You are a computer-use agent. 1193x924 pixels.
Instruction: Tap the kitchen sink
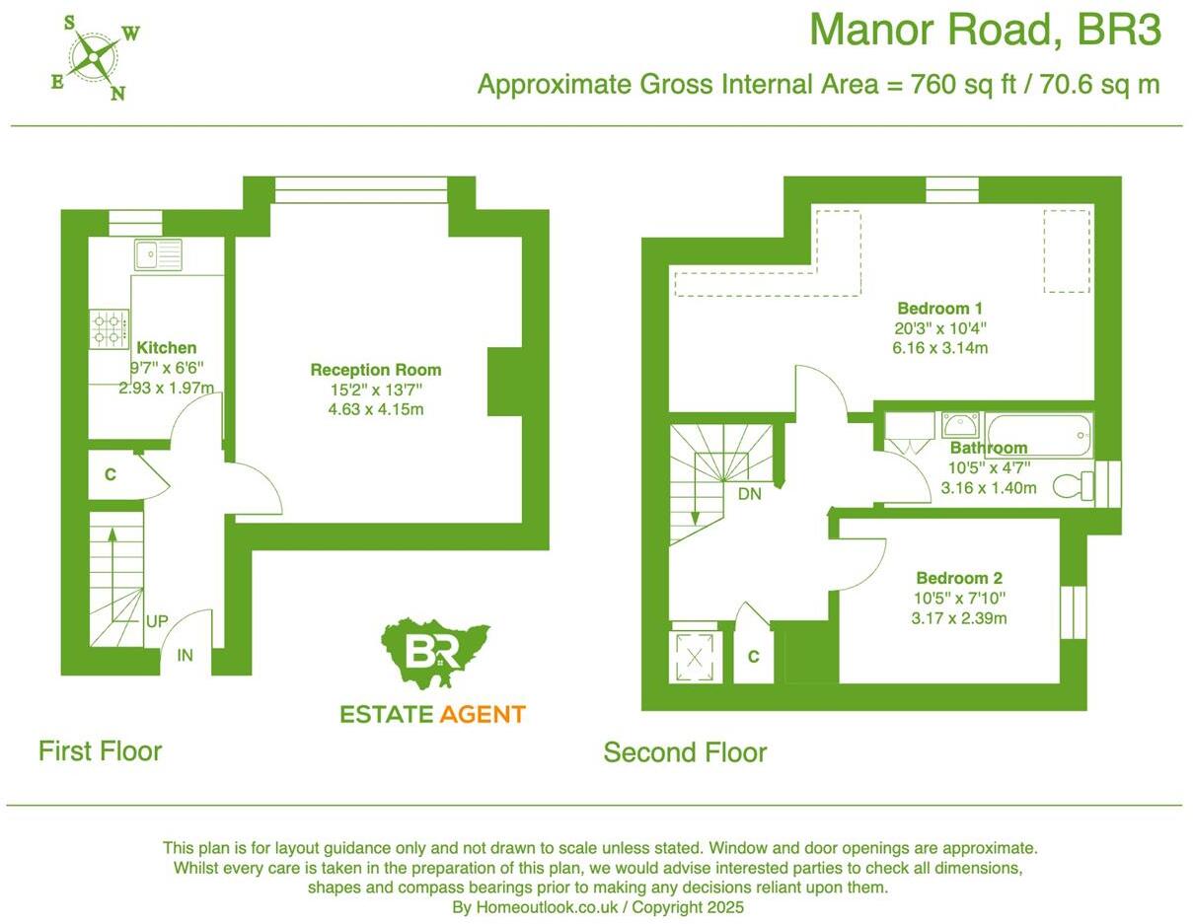[x=158, y=255]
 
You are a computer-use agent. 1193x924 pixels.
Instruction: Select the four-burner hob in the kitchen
[x=109, y=328]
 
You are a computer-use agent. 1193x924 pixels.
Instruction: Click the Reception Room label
[x=376, y=370]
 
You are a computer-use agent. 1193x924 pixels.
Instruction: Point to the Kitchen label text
[x=166, y=348]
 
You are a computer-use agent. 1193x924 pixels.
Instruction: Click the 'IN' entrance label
[x=185, y=655]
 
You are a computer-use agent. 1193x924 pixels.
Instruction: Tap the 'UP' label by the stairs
[x=157, y=622]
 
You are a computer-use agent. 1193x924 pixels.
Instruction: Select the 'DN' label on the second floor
[x=750, y=494]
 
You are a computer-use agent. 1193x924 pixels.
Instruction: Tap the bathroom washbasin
[x=960, y=425]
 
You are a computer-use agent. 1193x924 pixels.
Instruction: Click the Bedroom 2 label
[x=959, y=578]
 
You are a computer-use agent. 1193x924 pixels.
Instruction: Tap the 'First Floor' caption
[x=100, y=750]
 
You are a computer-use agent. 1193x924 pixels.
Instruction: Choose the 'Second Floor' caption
[x=685, y=752]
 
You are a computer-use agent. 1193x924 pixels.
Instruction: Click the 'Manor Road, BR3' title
[x=985, y=31]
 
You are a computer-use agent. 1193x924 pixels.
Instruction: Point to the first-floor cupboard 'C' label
[x=111, y=475]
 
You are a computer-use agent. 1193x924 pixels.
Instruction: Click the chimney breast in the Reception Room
[x=504, y=382]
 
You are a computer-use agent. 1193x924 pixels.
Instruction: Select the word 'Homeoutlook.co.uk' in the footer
[x=540, y=907]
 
